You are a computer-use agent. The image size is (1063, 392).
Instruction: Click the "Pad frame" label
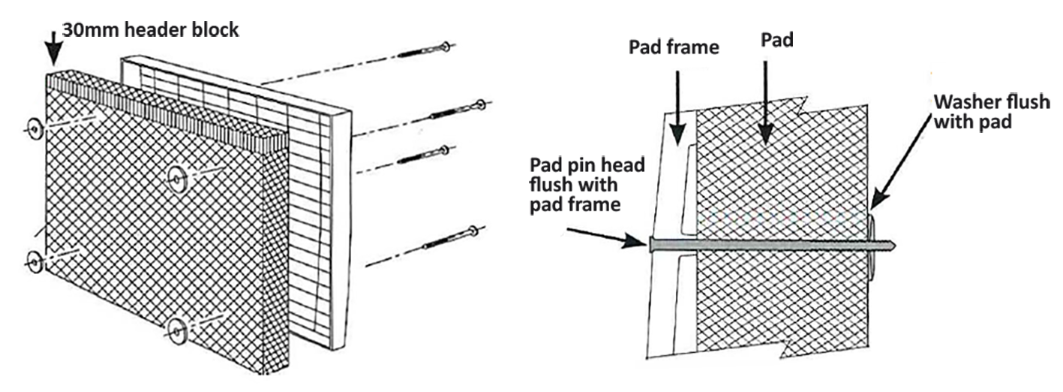[x=674, y=48]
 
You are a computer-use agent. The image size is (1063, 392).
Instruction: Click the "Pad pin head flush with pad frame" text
[x=586, y=184]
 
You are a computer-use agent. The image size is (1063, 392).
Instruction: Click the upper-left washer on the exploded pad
[x=35, y=130]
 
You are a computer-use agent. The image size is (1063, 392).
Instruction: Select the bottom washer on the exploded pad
[x=177, y=328]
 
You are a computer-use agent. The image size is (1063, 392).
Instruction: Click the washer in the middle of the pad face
[x=177, y=177]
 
